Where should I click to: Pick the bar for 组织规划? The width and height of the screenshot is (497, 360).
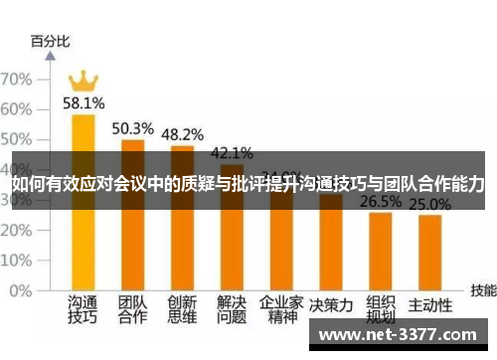381,254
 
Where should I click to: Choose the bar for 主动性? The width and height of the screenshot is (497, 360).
429,257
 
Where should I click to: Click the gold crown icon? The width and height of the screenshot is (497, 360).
83,79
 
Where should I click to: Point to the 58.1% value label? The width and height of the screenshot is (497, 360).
83,101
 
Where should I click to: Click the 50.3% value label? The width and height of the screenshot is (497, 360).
132,128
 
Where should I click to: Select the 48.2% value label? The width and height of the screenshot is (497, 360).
182,134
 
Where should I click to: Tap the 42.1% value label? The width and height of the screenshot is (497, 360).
232,153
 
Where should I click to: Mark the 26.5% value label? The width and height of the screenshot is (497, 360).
381,202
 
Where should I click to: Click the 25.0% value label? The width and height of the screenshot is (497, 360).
430,205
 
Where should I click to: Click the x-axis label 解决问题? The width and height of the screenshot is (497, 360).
232,309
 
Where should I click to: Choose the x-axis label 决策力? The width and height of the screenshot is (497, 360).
331,303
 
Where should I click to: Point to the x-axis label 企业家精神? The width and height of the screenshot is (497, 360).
281,309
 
